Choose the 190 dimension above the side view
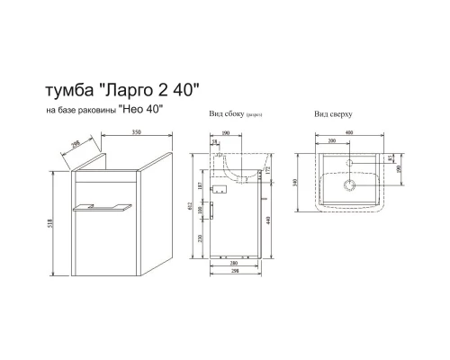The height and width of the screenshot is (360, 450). coord(225,132)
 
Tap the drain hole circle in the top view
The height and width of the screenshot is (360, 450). coord(349,186)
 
